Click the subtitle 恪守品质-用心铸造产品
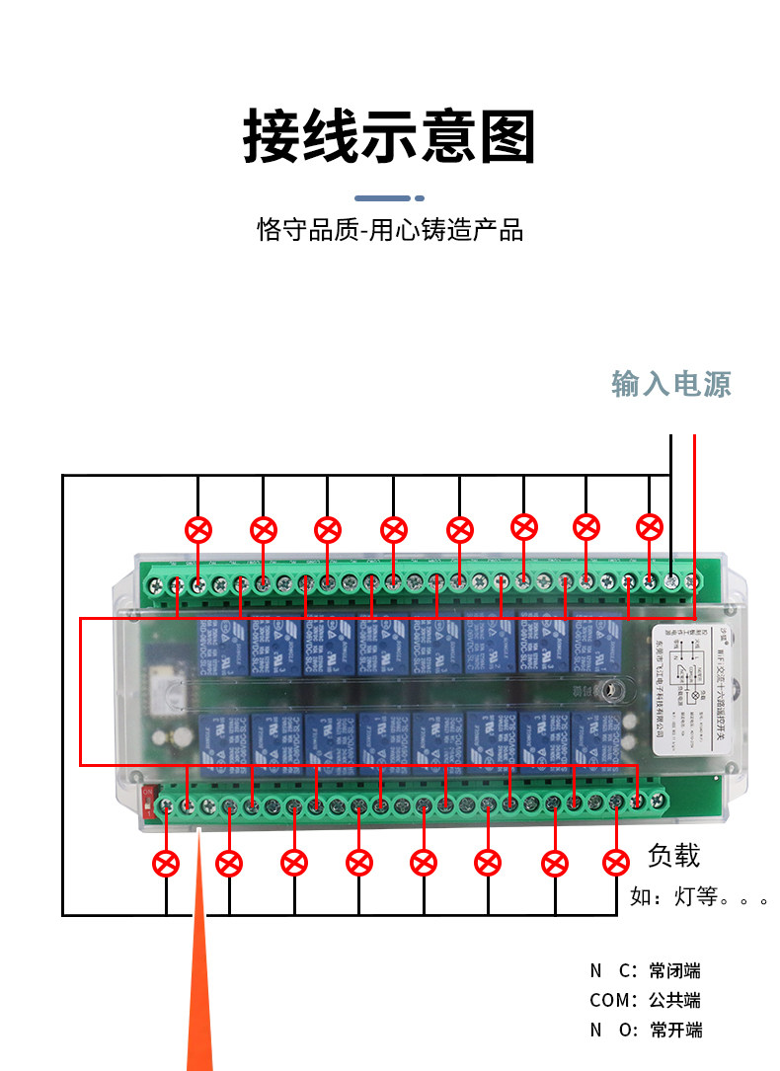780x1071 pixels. coord(390,231)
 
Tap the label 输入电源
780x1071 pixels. coord(671,384)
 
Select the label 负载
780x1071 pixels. coord(673,855)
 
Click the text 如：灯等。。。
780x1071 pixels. coord(697,897)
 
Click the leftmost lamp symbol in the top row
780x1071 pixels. coord(198,530)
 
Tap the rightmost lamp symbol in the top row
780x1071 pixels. coord(649,526)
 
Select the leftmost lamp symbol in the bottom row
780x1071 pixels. coord(166,864)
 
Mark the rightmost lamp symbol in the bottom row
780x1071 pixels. coord(615,862)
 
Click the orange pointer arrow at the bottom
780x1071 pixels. coord(199,987)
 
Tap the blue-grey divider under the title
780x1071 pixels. coord(389,197)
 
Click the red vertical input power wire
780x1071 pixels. coord(695,513)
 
